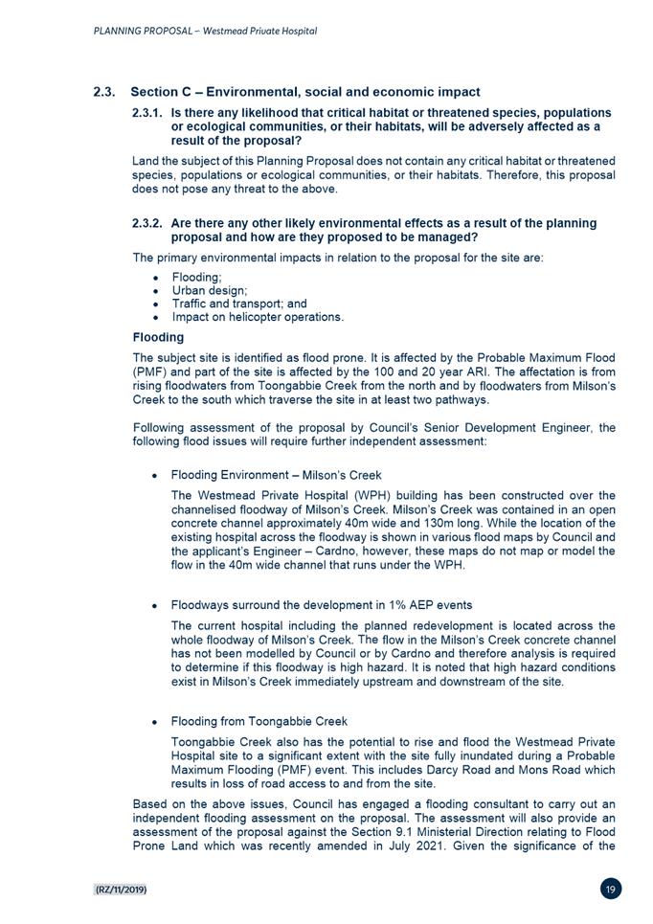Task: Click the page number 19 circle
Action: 611,890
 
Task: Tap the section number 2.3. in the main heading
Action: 104,92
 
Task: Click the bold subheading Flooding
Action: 158,337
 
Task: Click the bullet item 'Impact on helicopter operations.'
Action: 258,317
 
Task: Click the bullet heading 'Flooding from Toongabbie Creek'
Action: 259,721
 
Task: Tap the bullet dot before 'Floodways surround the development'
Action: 154,605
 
